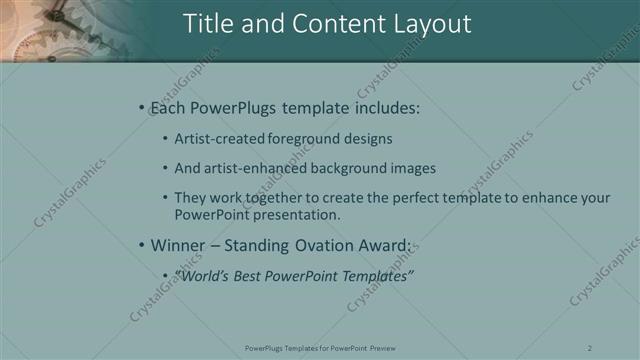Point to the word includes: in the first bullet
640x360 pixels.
tap(385, 107)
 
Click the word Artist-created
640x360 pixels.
tap(221, 139)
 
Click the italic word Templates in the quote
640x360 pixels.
tap(375, 276)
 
